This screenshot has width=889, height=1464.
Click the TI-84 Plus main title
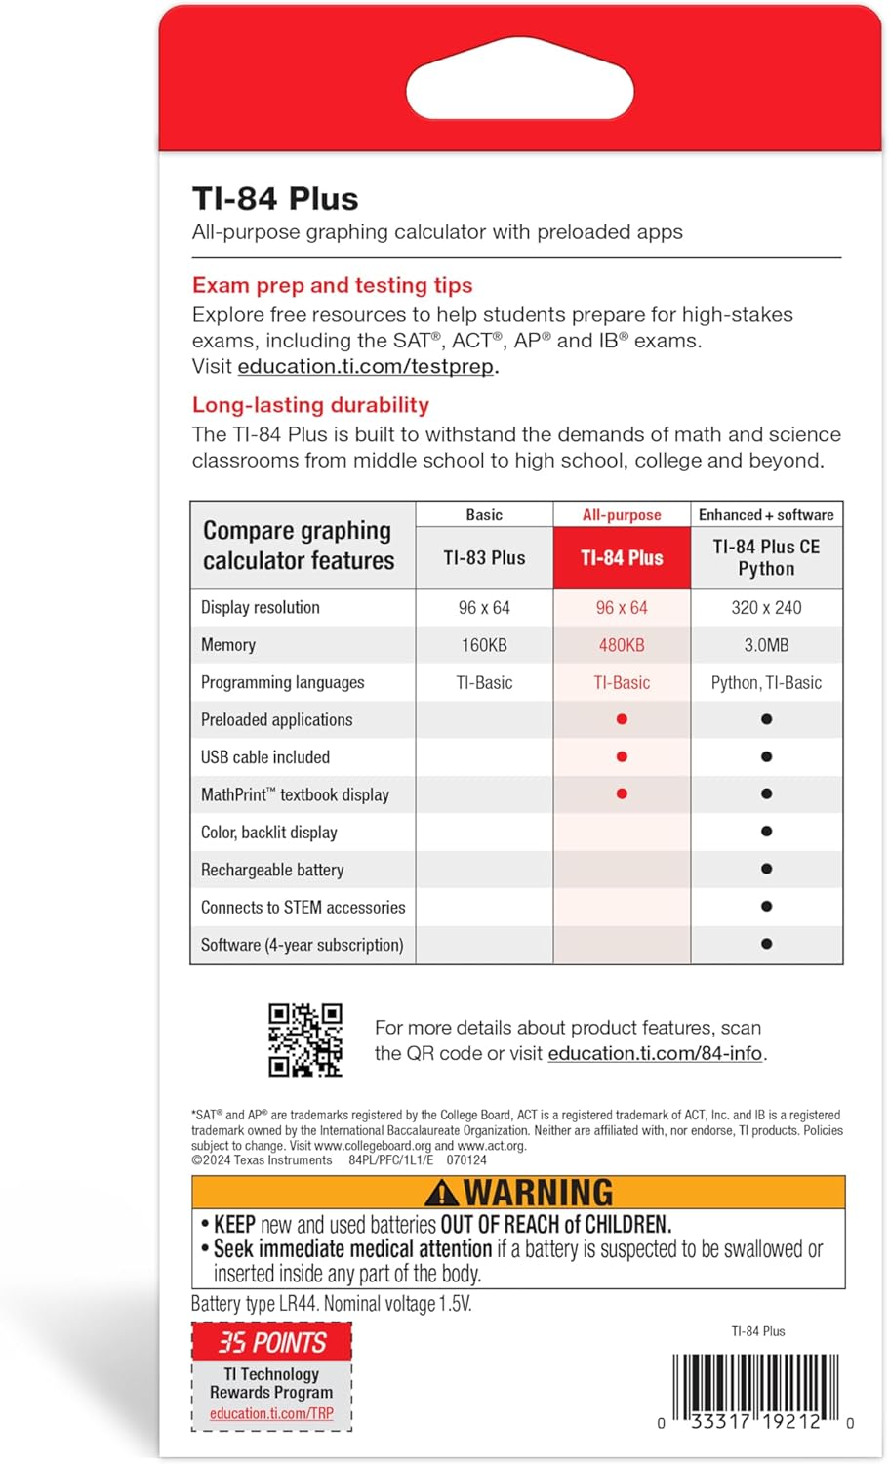click(275, 199)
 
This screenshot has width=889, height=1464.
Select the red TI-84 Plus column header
click(622, 558)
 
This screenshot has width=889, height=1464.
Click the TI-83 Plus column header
click(484, 558)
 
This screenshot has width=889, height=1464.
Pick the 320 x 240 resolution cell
click(766, 608)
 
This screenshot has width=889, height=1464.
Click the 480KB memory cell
click(622, 645)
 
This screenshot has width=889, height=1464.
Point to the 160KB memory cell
click(484, 645)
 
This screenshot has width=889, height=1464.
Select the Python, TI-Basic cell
click(766, 683)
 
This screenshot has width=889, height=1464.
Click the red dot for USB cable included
click(622, 757)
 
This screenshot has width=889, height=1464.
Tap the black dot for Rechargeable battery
click(766, 869)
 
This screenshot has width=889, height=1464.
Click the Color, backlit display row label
click(269, 833)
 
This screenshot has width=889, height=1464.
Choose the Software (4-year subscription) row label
click(302, 945)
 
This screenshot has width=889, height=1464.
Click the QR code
click(305, 1040)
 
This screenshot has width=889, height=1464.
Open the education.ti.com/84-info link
click(655, 1054)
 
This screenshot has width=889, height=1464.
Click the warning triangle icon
click(442, 1193)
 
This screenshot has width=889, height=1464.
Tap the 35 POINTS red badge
click(271, 1343)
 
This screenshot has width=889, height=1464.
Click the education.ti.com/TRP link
click(271, 1414)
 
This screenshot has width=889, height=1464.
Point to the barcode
click(755, 1391)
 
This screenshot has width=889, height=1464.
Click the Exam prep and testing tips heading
click(332, 285)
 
